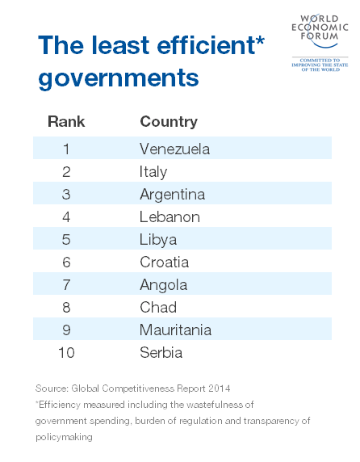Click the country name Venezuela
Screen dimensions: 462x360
174,149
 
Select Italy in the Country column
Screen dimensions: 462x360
153,172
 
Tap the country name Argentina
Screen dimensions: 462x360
172,195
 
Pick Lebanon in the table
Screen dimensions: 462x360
170,217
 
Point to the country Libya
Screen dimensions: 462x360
157,240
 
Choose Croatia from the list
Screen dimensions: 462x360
164,262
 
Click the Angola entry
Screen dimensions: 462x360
163,285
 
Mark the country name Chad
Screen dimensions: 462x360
157,308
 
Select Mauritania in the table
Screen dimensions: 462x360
175,330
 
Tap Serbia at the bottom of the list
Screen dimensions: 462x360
161,353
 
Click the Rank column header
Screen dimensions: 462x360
66,122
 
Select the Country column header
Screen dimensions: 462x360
168,122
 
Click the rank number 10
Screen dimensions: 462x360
66,353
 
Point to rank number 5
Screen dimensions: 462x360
66,240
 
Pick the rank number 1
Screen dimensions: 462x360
66,149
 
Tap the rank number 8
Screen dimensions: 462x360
66,308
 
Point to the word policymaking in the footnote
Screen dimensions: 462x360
64,436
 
